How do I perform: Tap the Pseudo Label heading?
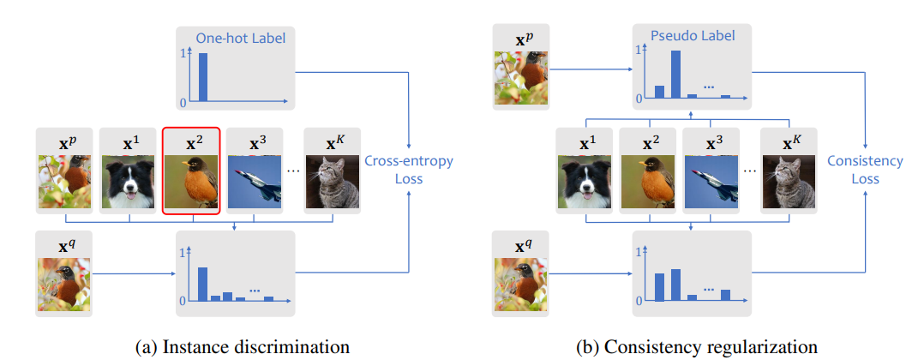693,36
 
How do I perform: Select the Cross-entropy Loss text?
409,170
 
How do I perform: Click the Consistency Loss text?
865,170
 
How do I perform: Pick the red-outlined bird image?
191,182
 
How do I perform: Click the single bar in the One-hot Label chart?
203,77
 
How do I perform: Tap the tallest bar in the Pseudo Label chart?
675,74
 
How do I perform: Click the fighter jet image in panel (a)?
255,182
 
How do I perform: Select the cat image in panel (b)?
789,182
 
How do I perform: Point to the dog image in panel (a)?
129,182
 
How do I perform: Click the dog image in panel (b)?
585,182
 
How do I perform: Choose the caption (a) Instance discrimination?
243,346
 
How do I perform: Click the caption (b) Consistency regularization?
697,346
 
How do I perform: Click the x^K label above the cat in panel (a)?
332,143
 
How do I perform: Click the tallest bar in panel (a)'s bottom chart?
202,284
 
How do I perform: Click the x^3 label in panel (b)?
711,143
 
